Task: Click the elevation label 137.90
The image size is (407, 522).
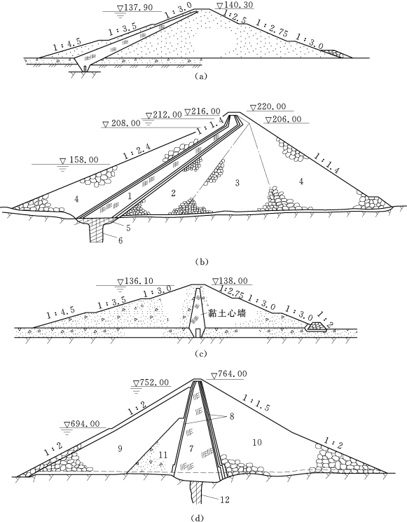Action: pyautogui.click(x=139, y=7)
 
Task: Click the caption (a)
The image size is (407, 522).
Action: pyautogui.click(x=201, y=76)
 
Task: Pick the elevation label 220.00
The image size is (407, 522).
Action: pyautogui.click(x=272, y=107)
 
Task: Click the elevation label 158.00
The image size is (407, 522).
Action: pyautogui.click(x=83, y=160)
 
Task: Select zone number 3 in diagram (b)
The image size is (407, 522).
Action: pyautogui.click(x=237, y=183)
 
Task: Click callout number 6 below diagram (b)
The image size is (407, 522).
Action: pyautogui.click(x=120, y=240)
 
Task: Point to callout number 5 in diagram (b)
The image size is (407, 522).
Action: pyautogui.click(x=128, y=228)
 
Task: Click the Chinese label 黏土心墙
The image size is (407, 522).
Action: pyautogui.click(x=227, y=313)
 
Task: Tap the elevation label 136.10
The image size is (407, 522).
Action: pyautogui.click(x=139, y=281)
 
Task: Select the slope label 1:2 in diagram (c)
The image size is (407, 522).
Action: pyautogui.click(x=325, y=319)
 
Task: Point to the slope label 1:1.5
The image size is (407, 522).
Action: pyautogui.click(x=256, y=403)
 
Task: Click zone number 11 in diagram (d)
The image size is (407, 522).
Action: pyautogui.click(x=163, y=455)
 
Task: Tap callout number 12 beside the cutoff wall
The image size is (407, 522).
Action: pyautogui.click(x=225, y=500)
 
